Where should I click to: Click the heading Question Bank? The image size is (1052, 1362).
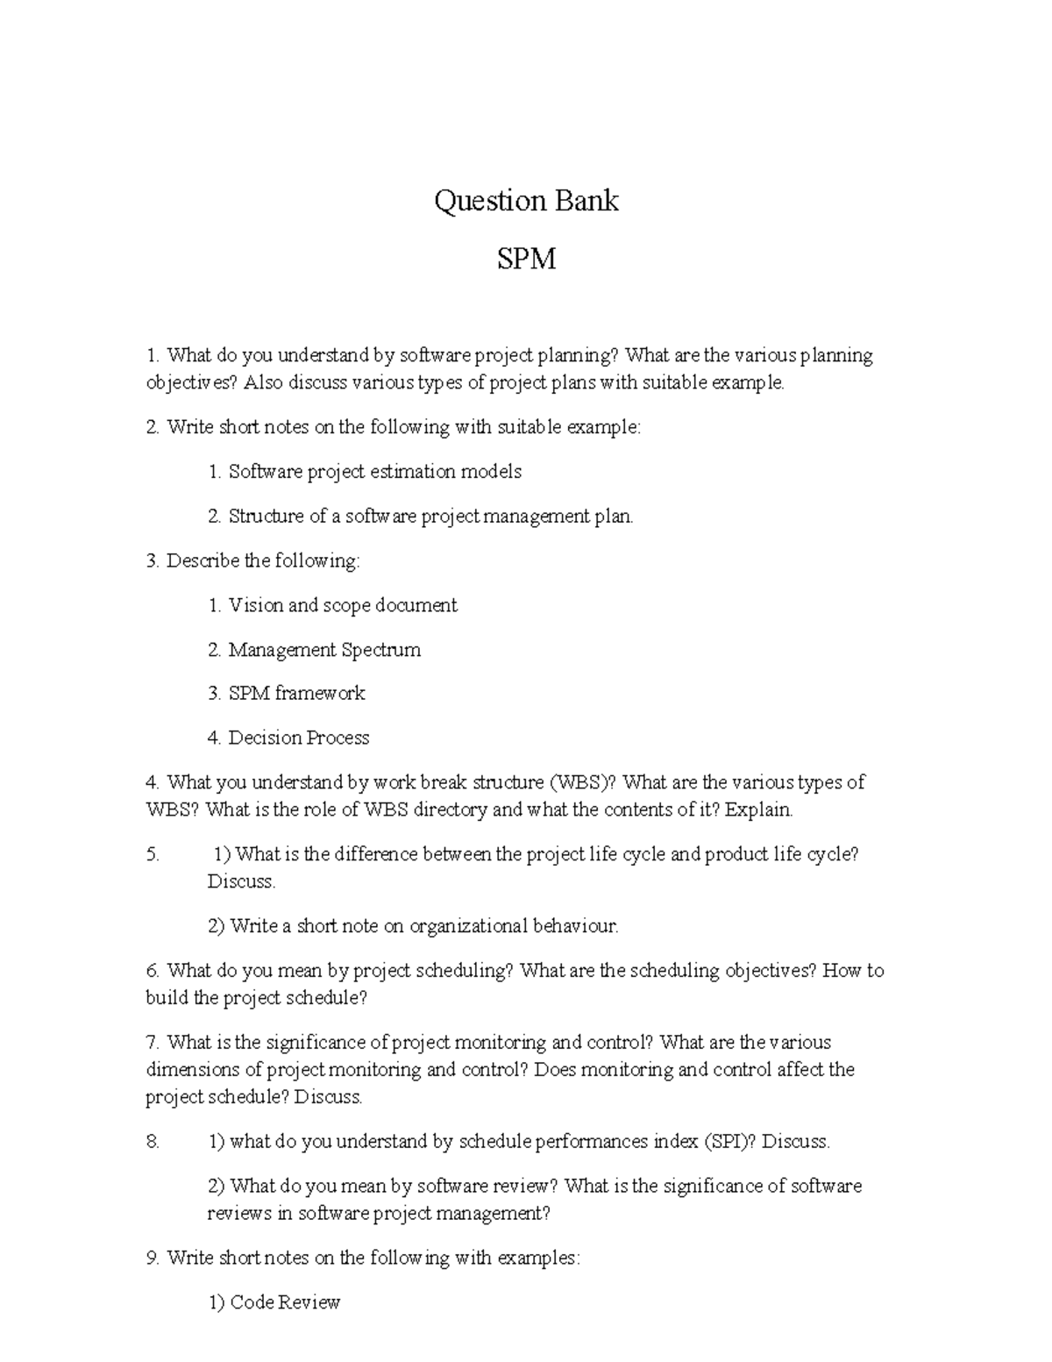pyautogui.click(x=526, y=202)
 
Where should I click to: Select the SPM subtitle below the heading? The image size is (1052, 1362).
pyautogui.click(x=526, y=260)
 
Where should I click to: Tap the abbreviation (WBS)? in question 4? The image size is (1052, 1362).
pyautogui.click(x=583, y=782)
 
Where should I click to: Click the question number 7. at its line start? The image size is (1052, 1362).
pyautogui.click(x=152, y=1043)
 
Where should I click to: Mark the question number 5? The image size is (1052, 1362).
pyautogui.click(x=152, y=855)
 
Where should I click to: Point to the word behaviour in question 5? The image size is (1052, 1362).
pyautogui.click(x=575, y=926)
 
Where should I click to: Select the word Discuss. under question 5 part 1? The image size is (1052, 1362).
pyautogui.click(x=241, y=882)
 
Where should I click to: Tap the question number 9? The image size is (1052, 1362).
pyautogui.click(x=152, y=1259)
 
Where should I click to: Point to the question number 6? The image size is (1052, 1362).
pyautogui.click(x=152, y=971)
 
